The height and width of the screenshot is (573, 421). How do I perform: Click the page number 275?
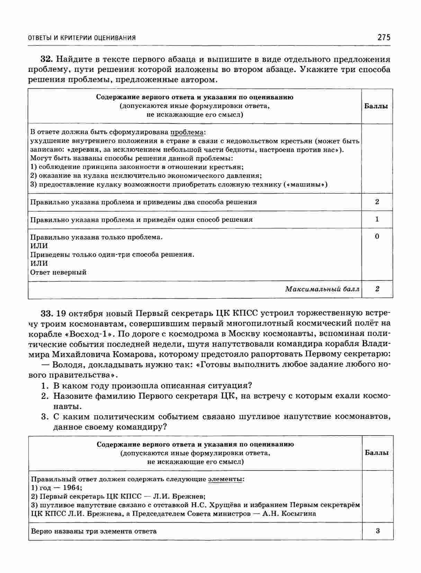384,37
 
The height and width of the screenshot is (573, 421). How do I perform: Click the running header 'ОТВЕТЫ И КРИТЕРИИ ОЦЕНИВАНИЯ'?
82,38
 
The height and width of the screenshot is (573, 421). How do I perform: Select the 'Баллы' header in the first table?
376,106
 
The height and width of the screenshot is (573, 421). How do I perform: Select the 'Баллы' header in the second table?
377,453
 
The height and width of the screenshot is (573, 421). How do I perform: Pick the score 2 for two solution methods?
377,202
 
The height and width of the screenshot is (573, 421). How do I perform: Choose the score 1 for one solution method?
377,219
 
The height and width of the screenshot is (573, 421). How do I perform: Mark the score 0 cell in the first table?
377,237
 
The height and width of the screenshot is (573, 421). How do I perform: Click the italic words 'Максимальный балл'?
322,289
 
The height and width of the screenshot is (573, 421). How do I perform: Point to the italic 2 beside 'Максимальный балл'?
377,289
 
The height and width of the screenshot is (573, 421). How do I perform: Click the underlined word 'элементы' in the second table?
225,479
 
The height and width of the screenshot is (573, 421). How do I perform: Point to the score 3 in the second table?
377,531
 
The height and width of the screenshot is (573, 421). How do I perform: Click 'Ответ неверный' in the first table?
59,272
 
